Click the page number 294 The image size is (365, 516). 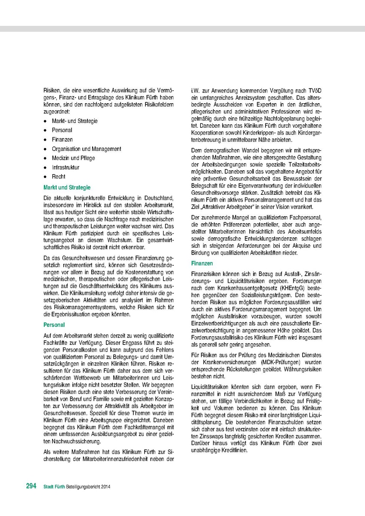coord(31,486)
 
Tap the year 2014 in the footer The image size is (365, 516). coord(107,487)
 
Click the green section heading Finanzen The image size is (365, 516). coord(202,262)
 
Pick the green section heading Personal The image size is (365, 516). coord(54,325)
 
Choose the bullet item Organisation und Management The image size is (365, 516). coord(87,149)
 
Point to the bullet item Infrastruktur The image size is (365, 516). coord(65,167)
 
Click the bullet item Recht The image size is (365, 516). coord(59,177)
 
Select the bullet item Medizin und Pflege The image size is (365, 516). coord(74,158)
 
